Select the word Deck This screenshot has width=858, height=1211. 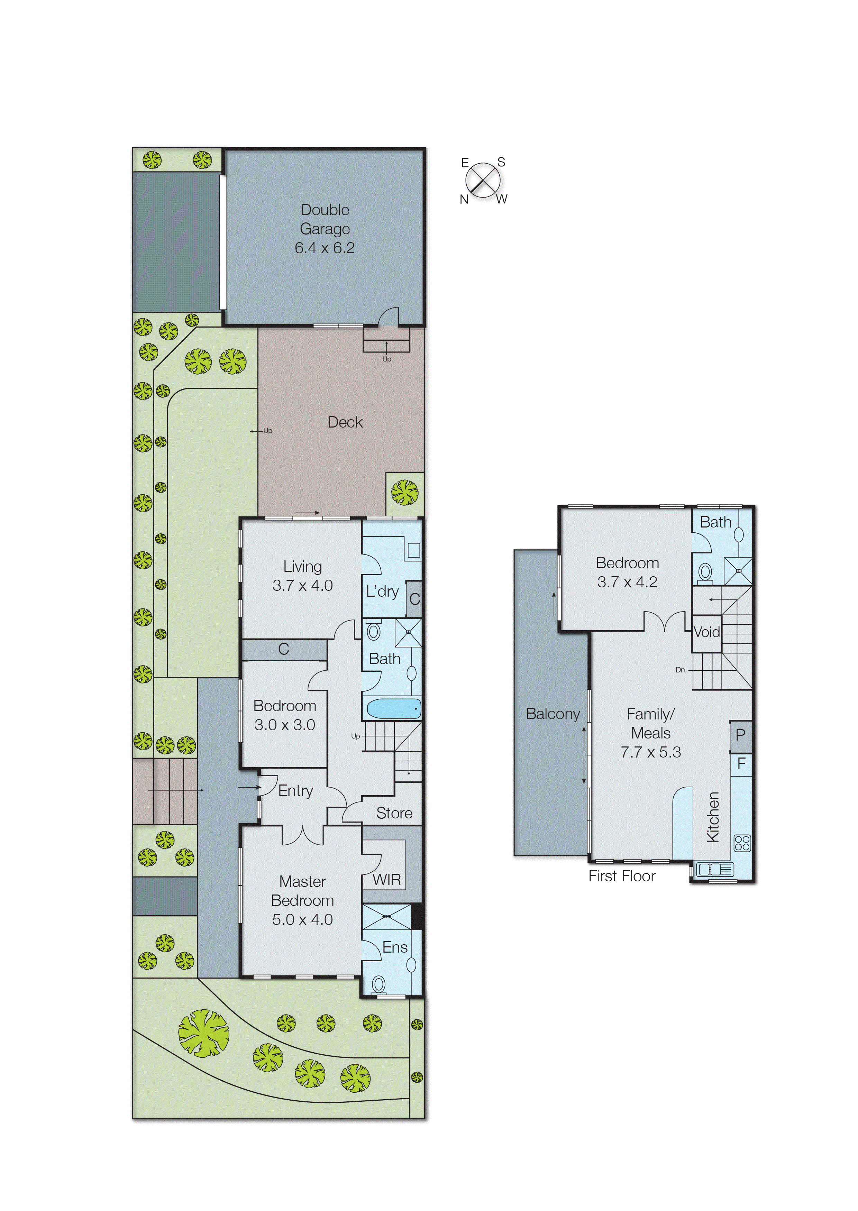click(x=345, y=422)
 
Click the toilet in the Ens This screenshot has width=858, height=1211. click(x=378, y=984)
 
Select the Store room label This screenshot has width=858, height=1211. click(x=394, y=813)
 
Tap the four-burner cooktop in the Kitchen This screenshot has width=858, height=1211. click(x=742, y=842)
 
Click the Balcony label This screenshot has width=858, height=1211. click(x=553, y=714)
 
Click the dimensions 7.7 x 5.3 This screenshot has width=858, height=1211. click(x=650, y=752)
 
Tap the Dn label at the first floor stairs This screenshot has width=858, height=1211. click(x=680, y=670)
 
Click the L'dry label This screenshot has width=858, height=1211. click(x=382, y=591)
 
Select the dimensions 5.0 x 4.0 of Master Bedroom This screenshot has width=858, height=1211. click(x=302, y=919)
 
